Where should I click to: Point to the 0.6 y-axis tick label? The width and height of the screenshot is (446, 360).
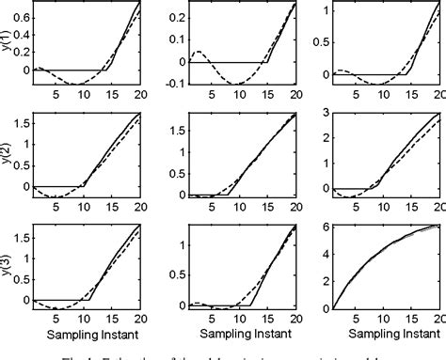pos(22,17)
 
